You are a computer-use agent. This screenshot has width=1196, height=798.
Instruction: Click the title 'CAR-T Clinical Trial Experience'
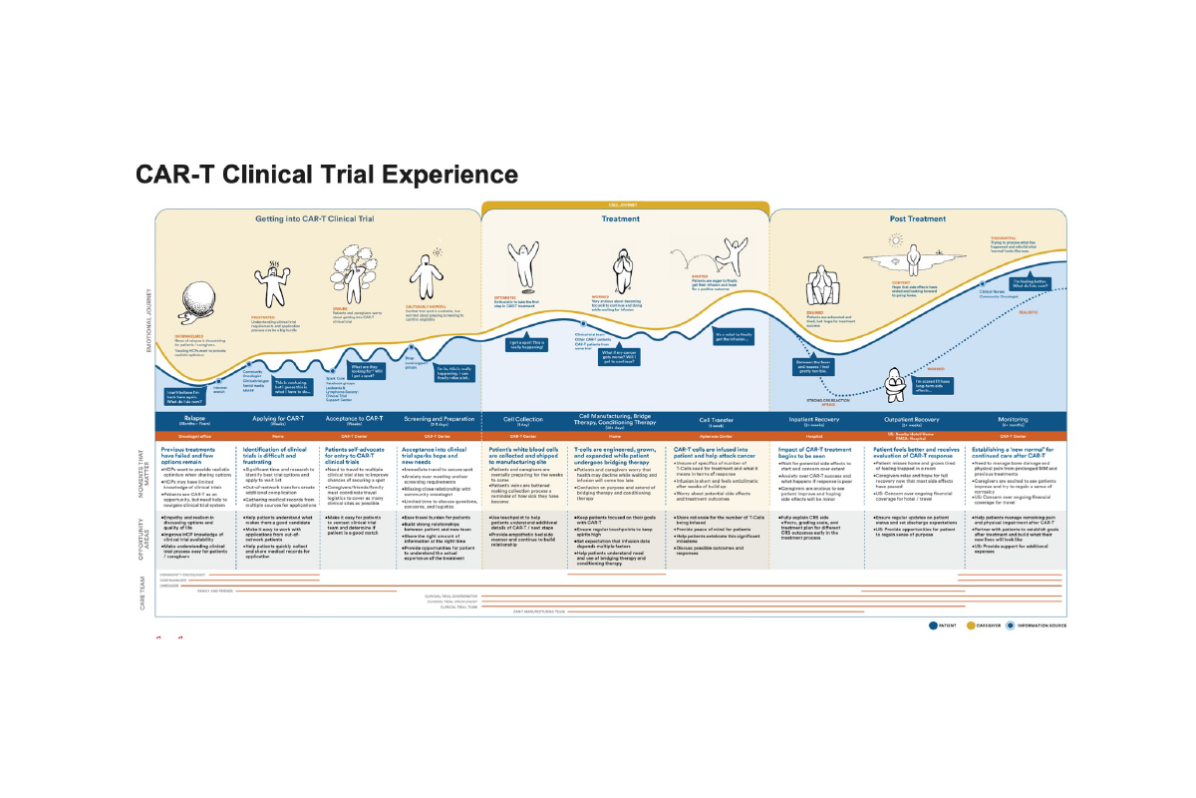327,176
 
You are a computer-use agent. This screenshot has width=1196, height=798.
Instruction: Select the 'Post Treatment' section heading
918,218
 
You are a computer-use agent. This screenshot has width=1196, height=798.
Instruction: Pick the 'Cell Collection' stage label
523,420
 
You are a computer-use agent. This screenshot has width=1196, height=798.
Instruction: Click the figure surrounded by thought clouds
351,261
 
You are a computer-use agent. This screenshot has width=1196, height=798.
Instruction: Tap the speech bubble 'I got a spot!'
526,344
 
